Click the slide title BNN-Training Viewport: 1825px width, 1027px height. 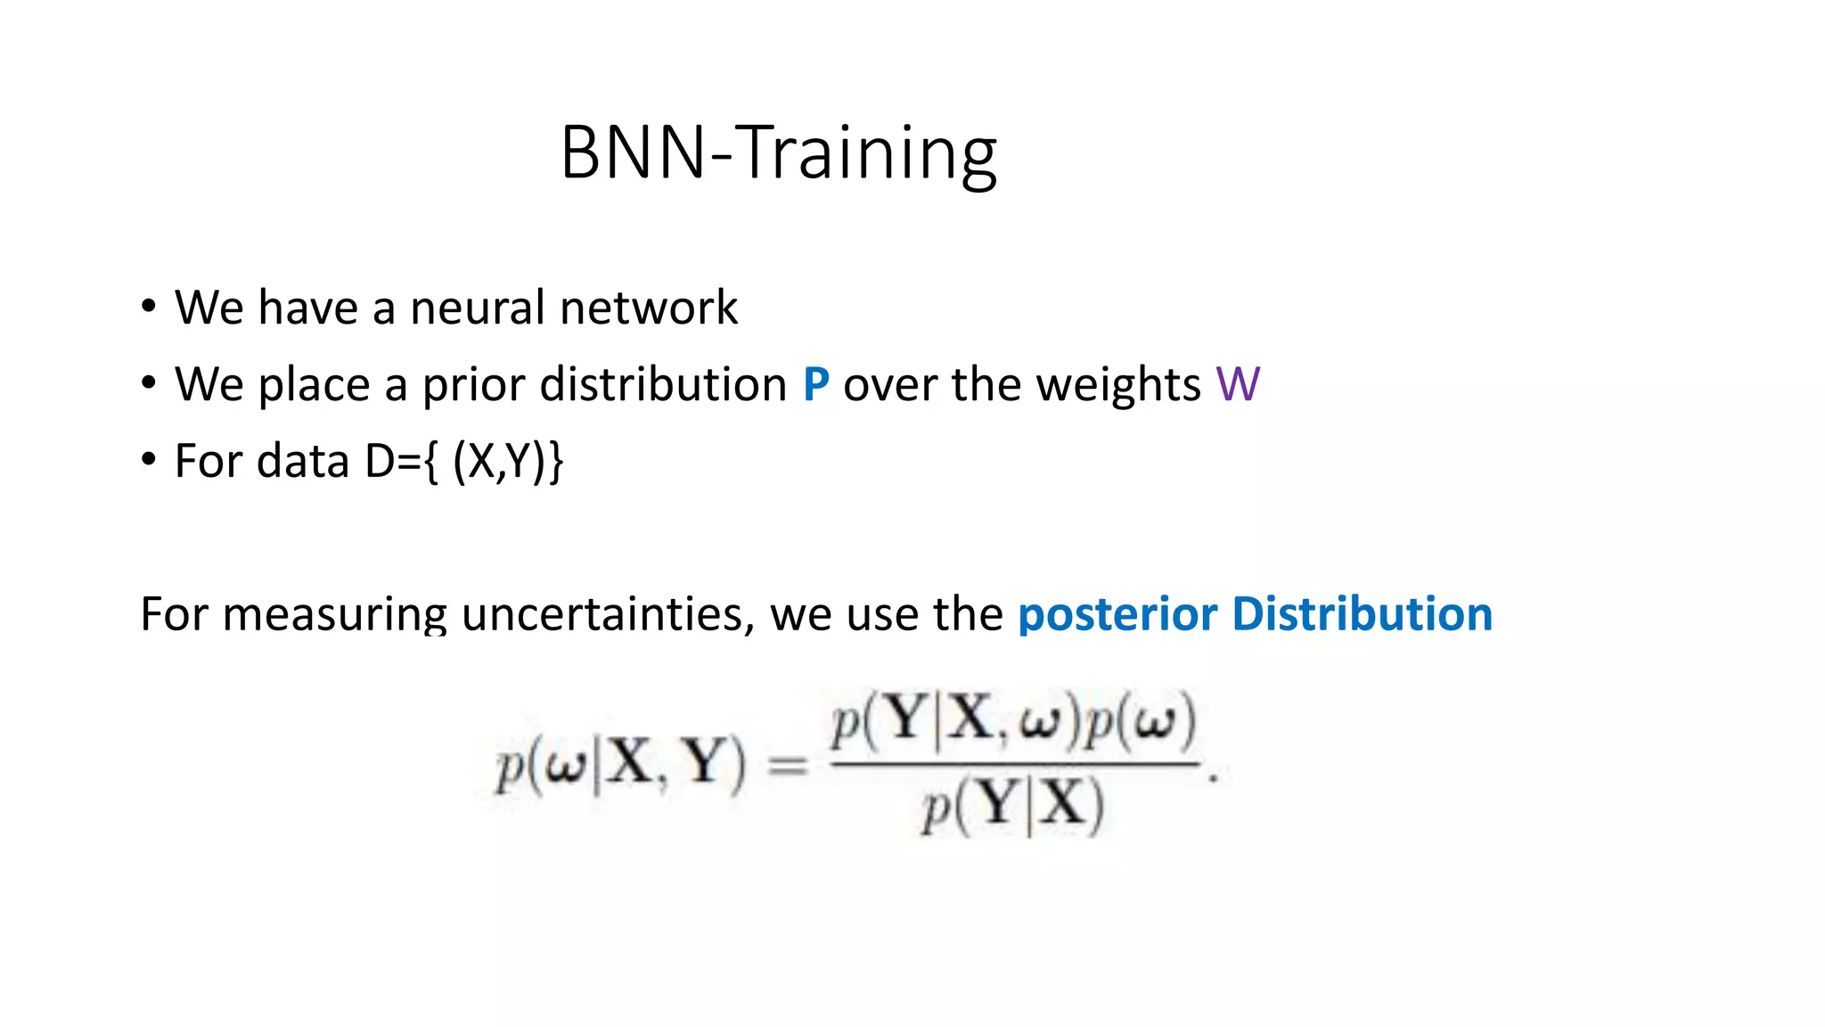coord(778,153)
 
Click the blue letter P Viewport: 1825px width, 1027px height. coord(815,385)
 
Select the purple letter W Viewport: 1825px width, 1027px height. coord(1238,385)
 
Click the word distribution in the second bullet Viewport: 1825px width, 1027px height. coord(663,385)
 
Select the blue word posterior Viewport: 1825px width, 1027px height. coord(1117,615)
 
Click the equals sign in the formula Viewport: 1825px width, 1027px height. coord(788,765)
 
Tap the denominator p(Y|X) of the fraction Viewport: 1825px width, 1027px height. coord(1012,807)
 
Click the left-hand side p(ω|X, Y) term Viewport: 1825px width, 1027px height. coord(620,765)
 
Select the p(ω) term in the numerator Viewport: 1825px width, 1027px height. coord(1142,721)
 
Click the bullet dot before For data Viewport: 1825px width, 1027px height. coord(149,461)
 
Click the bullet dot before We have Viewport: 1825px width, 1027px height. coord(149,308)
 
